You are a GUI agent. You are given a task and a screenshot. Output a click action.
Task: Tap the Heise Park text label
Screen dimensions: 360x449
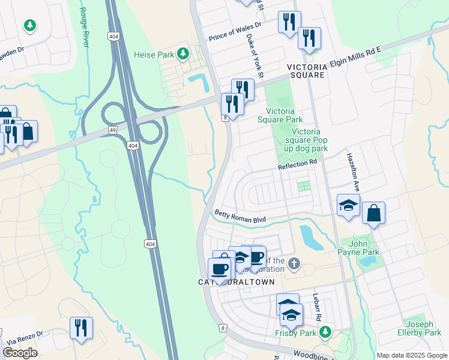157,55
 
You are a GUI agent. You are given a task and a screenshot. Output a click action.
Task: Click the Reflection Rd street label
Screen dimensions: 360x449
297,163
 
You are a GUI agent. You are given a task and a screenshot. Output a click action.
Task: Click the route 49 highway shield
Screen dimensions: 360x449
113,129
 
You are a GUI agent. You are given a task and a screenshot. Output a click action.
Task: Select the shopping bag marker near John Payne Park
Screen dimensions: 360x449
373,213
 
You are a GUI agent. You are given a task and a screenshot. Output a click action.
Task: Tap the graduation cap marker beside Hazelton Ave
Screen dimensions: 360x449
348,206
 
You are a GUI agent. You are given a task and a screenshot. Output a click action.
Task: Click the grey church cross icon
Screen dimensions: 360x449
294,263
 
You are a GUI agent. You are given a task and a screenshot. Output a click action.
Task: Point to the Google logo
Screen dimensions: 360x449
20,353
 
